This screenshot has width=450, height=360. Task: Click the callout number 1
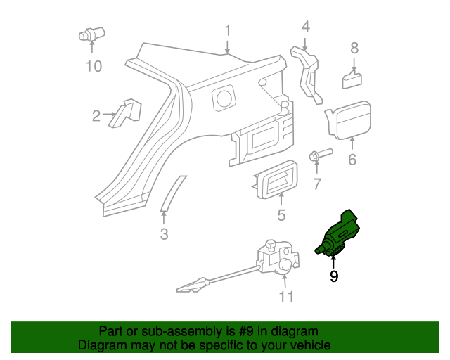point(228,30)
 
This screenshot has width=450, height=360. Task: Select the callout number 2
point(96,115)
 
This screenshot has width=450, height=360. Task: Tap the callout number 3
point(164,234)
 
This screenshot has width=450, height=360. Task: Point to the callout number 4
point(305,27)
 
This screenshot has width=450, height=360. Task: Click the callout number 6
point(352,160)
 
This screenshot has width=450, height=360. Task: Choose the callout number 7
point(317,184)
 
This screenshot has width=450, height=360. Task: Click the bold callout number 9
point(334,277)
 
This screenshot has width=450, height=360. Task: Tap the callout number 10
point(94,66)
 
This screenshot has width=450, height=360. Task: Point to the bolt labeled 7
point(318,155)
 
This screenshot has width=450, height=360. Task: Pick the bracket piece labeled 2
point(125,112)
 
